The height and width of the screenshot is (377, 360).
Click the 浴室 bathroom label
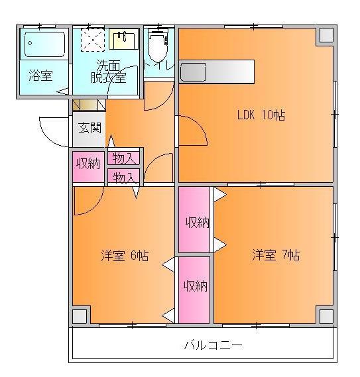click(40, 76)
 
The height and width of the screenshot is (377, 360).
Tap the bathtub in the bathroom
click(45, 45)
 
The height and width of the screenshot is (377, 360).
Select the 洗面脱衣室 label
click(108, 71)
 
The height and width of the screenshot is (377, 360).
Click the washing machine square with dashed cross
click(93, 40)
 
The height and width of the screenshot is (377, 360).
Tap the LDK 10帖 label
click(261, 115)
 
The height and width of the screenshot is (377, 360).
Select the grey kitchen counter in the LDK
click(217, 71)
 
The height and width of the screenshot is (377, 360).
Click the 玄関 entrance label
click(90, 127)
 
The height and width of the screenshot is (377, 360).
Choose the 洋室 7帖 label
click(275, 254)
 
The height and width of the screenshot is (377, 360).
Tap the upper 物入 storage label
click(125, 158)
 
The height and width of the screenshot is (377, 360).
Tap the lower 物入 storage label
click(125, 177)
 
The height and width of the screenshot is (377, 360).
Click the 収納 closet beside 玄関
click(88, 164)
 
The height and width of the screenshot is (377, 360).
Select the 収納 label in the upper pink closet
click(197, 222)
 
